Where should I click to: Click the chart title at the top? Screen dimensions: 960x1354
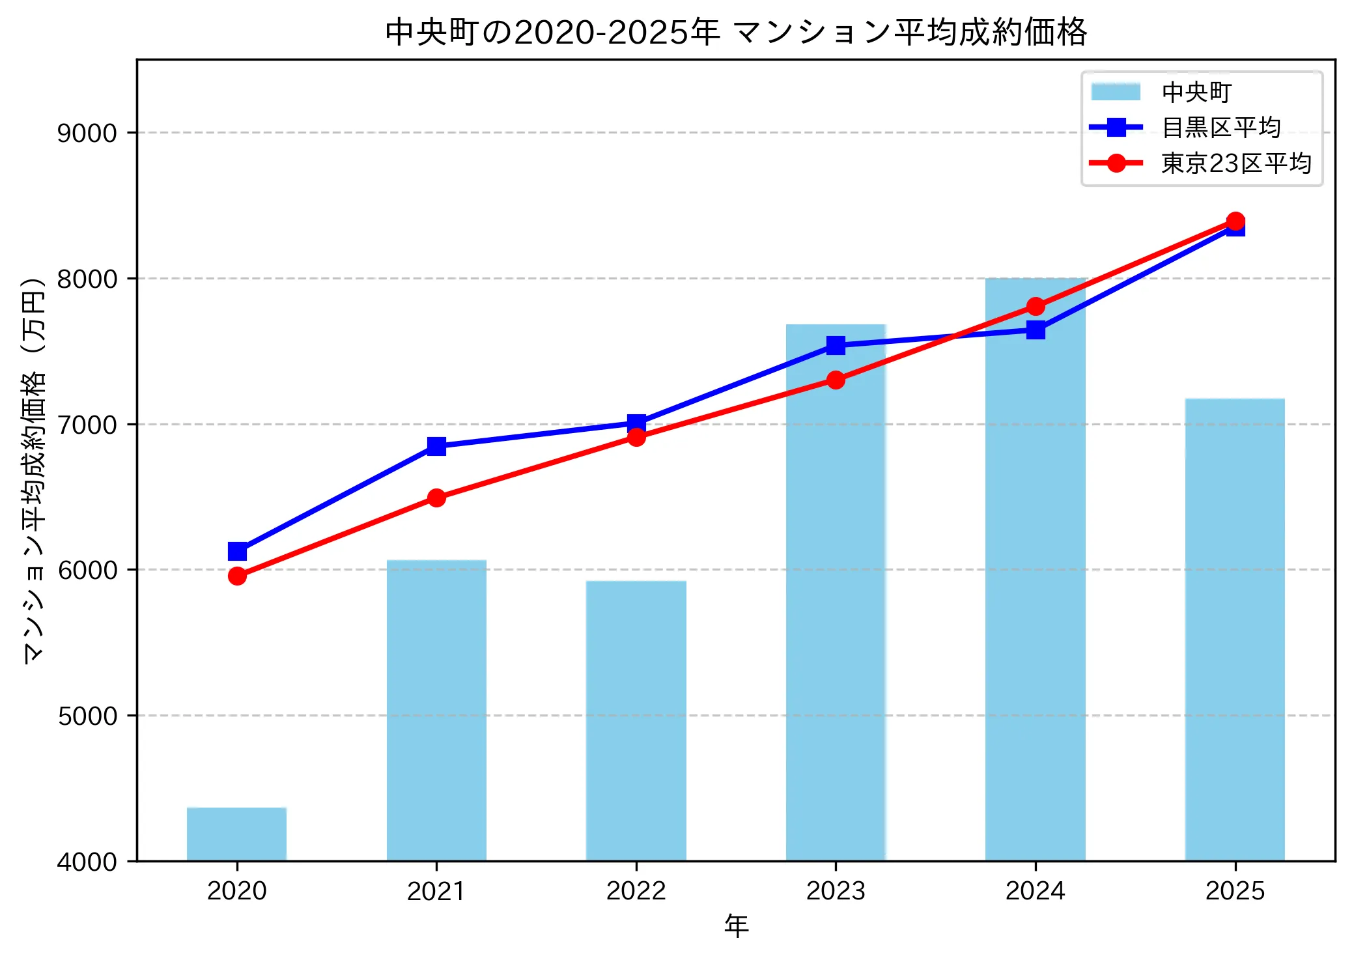tap(736, 33)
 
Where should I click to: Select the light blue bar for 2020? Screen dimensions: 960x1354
tap(236, 834)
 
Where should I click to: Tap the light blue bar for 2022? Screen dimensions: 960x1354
tap(636, 720)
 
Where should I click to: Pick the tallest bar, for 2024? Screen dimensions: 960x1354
tap(1035, 586)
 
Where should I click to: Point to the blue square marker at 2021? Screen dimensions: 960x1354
tap(436, 446)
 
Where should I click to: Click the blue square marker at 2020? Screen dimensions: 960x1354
tap(237, 552)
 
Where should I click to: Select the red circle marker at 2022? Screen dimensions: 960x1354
tap(636, 437)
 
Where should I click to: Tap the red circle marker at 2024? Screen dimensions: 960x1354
tap(1036, 306)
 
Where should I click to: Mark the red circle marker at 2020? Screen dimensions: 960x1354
tap(237, 576)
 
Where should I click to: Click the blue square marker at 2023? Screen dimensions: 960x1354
tap(836, 345)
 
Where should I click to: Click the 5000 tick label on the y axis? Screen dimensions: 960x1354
tap(87, 716)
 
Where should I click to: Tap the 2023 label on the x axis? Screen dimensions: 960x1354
tap(836, 891)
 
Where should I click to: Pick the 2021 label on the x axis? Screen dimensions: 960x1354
tap(436, 891)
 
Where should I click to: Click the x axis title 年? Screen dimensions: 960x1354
tap(736, 925)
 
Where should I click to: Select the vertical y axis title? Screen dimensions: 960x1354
tap(34, 469)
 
